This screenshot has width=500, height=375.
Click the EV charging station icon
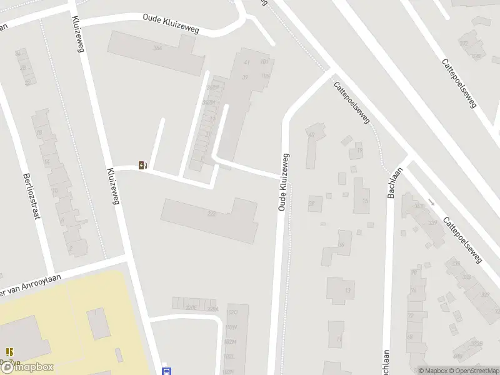point(143,165)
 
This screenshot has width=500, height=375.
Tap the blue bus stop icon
point(166,371)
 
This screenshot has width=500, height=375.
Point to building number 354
point(157,47)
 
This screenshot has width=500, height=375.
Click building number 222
point(211,214)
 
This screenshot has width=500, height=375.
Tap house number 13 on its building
point(347,291)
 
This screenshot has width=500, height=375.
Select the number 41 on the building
point(246,62)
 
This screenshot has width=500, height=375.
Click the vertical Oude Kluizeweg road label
point(283,181)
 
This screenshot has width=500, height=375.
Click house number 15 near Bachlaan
point(366,201)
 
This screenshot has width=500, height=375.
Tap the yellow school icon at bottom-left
point(9,352)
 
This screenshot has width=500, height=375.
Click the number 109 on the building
point(265,76)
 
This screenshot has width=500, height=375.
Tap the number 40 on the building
point(311,134)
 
